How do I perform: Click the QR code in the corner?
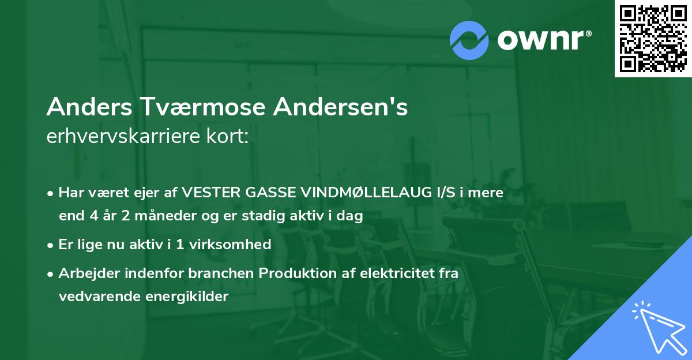pos(653,38)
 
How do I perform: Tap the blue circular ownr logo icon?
pos(470,40)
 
